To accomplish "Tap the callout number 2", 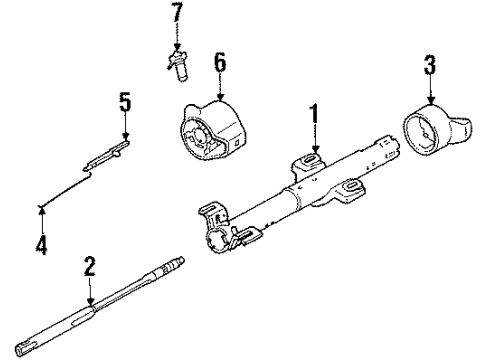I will [x=90, y=266].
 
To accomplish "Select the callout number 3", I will [x=429, y=67].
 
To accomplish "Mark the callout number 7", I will [x=177, y=14].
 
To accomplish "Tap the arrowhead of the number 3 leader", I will [x=431, y=103].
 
